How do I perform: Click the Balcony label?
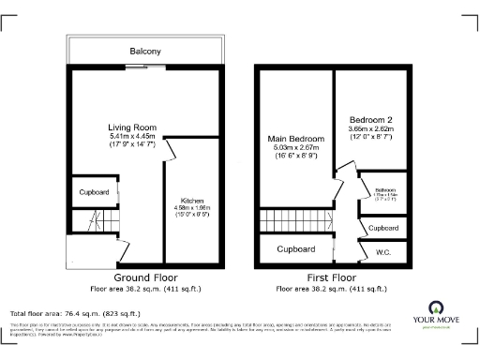(x=145, y=51)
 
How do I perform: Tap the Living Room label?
(x=130, y=127)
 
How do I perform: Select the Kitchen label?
(x=192, y=201)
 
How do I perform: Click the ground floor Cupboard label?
(x=94, y=193)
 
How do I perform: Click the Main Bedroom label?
(x=294, y=139)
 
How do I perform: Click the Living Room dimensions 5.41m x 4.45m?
(x=130, y=137)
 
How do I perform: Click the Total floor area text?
(x=75, y=313)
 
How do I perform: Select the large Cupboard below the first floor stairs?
(x=295, y=249)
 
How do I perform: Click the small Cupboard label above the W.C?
(x=384, y=228)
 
